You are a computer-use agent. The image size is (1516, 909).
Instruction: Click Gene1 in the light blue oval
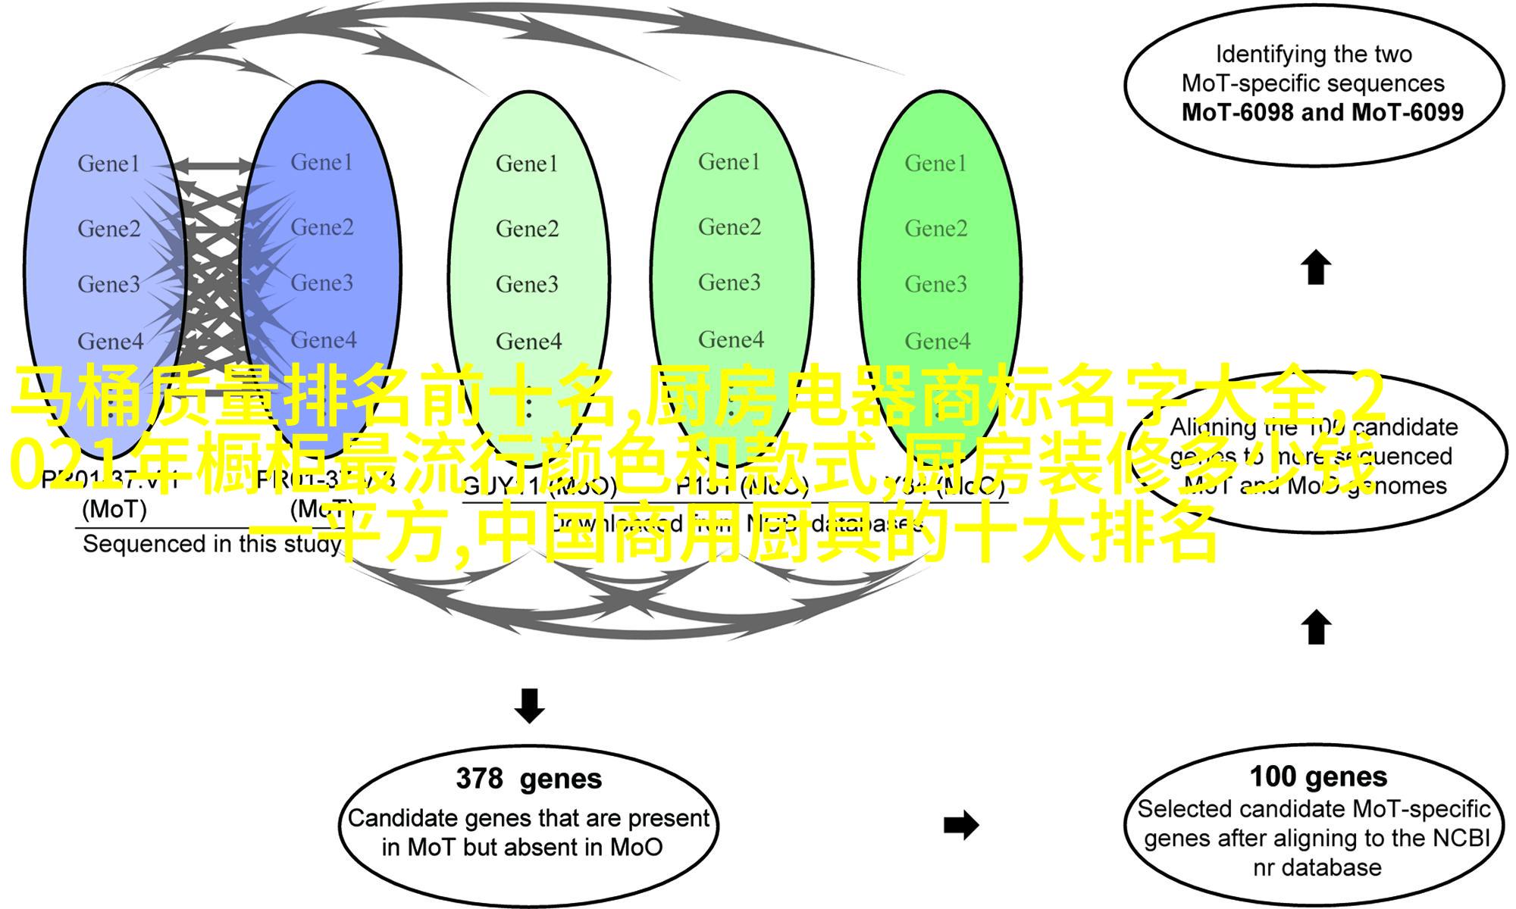108,164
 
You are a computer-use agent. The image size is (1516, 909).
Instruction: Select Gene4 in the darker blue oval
324,340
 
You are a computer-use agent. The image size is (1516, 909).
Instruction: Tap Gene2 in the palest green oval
527,229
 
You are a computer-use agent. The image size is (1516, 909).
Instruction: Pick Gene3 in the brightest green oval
935,284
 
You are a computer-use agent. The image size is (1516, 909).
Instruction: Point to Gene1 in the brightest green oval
935,164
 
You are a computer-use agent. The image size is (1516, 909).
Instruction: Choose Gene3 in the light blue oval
108,284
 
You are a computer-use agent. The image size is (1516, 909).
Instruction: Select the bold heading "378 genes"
529,779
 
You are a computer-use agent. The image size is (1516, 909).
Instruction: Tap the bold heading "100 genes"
1318,776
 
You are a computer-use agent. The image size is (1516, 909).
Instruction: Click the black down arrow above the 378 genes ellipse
529,705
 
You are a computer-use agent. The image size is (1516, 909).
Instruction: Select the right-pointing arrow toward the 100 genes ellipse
961,825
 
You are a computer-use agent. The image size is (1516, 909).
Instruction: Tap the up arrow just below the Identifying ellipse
1317,267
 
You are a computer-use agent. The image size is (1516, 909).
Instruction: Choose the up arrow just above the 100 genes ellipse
1317,627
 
